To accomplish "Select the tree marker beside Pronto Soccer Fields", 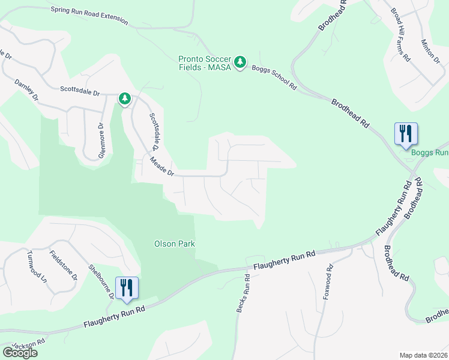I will (x=240, y=62).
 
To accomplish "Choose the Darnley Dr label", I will (x=26, y=89).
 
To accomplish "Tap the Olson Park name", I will (x=175, y=244).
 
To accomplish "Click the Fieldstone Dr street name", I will (x=63, y=265).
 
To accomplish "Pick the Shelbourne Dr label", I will (x=101, y=281).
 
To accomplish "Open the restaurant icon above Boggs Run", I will (x=406, y=133).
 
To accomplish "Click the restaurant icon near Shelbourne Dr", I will (x=127, y=287).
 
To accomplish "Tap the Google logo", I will (x=19, y=353).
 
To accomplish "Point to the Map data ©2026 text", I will (x=423, y=355).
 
